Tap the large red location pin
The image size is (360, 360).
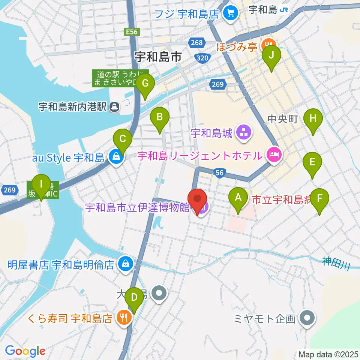pyautogui.click(x=197, y=201)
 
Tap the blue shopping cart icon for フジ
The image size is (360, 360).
pyautogui.click(x=229, y=14)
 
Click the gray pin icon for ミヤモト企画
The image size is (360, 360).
pyautogui.click(x=307, y=318)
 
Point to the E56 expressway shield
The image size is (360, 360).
pyautogui.click(x=132, y=32)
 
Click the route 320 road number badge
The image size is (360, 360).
pyautogui.click(x=201, y=58)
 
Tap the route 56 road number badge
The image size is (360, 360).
pyautogui.click(x=220, y=172)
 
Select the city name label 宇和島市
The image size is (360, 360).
pyautogui.click(x=158, y=57)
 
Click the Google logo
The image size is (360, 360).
pyautogui.click(x=25, y=351)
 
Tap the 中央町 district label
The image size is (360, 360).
pyautogui.click(x=283, y=119)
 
